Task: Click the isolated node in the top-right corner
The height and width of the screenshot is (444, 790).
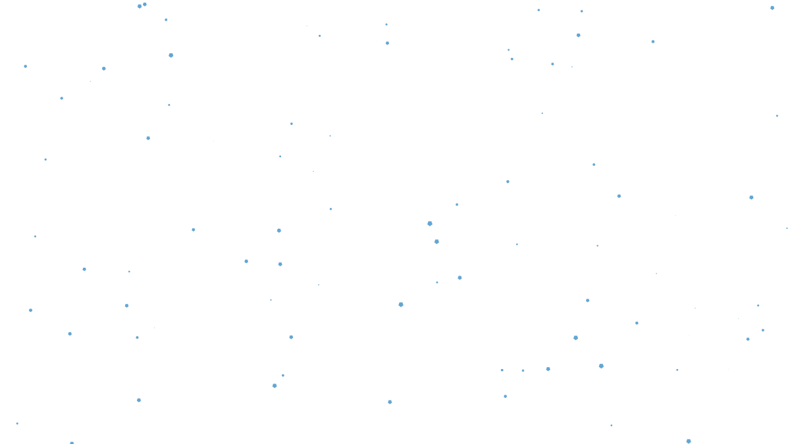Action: pos(772,8)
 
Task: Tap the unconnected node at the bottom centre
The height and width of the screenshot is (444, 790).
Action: pos(390,402)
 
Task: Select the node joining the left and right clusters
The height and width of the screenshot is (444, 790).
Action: pos(401,304)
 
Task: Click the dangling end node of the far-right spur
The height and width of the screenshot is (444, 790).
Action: pos(777,116)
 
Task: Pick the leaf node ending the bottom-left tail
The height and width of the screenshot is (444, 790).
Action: pos(17,424)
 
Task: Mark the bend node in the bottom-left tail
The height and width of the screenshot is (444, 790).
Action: pos(71,443)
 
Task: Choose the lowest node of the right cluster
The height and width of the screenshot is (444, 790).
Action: pos(689,441)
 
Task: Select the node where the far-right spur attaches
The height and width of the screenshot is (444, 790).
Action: pos(752,197)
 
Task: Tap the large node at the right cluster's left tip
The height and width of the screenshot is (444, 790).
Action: pos(430,224)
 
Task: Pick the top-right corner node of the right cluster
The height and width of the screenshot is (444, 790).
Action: pos(652,42)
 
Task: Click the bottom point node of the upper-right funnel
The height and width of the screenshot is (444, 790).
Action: pos(543,113)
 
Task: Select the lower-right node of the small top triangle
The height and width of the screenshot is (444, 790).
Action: pos(387,43)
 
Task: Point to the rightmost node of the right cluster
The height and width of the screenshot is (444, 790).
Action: pos(786,228)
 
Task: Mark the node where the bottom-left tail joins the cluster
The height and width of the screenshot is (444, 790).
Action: pos(139,400)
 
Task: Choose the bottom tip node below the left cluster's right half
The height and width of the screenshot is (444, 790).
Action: pos(275,385)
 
